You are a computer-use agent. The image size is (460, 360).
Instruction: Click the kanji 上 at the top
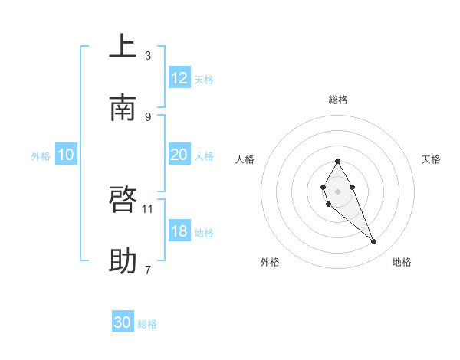(x=123, y=47)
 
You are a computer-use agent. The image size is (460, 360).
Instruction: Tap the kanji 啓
(x=123, y=200)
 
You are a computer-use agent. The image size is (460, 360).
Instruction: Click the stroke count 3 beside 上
(x=148, y=55)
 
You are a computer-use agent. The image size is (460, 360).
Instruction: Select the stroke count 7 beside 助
(x=148, y=270)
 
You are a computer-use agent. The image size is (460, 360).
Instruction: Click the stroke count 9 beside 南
(x=148, y=116)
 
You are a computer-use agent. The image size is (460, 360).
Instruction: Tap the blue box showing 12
(x=179, y=78)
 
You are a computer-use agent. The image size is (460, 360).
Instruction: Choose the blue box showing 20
(x=179, y=155)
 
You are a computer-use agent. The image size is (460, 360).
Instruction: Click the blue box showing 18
(x=179, y=231)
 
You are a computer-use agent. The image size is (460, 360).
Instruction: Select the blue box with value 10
(x=66, y=155)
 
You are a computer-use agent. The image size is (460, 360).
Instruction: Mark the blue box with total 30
(x=123, y=322)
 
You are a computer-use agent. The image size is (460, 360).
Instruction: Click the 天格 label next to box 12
(x=204, y=79)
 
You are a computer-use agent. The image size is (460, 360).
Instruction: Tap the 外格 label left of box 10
(x=41, y=155)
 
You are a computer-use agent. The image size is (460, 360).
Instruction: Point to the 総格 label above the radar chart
(x=337, y=100)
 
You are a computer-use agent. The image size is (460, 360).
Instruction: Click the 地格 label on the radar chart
(x=402, y=262)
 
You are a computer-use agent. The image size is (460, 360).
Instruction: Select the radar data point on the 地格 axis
(x=373, y=241)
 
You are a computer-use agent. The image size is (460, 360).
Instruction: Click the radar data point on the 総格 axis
(x=337, y=161)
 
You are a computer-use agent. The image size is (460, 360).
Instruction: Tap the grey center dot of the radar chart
(x=337, y=190)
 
